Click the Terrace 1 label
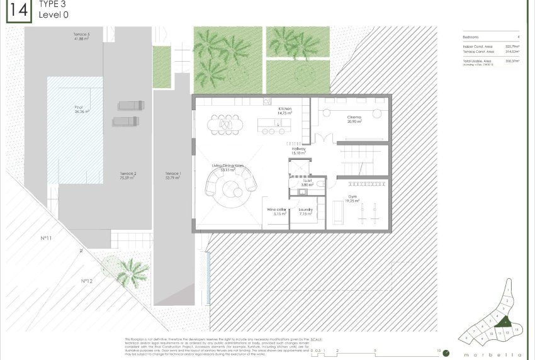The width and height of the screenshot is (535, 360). click(x=172, y=176)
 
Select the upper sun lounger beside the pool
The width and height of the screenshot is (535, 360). click(x=130, y=106)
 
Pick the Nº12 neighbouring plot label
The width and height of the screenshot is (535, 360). click(x=87, y=281)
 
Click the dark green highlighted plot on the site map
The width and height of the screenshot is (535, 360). click(x=504, y=322)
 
